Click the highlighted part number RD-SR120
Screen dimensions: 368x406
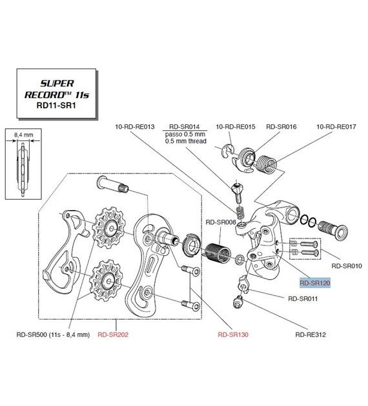tap(315, 283)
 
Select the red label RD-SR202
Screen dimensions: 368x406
tap(113, 334)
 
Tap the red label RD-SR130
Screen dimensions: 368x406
tap(233, 334)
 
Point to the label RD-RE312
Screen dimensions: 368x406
tap(311, 334)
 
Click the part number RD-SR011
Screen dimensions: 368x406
tap(303, 298)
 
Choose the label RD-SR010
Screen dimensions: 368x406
tap(347, 266)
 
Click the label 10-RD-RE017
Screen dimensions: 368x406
tap(336, 126)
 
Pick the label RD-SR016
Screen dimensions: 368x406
tap(281, 126)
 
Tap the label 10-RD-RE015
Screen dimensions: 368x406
tap(236, 126)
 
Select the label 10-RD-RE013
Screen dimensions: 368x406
tap(134, 126)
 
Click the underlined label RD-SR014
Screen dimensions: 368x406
tap(185, 126)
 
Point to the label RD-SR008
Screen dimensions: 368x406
tap(221, 222)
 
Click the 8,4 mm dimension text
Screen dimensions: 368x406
tap(24, 135)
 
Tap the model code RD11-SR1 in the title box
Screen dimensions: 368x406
tap(56, 106)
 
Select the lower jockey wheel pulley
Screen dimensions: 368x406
tap(105, 280)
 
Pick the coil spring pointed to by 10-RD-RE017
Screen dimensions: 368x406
tap(267, 164)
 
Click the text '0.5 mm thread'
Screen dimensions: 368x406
tap(186, 141)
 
